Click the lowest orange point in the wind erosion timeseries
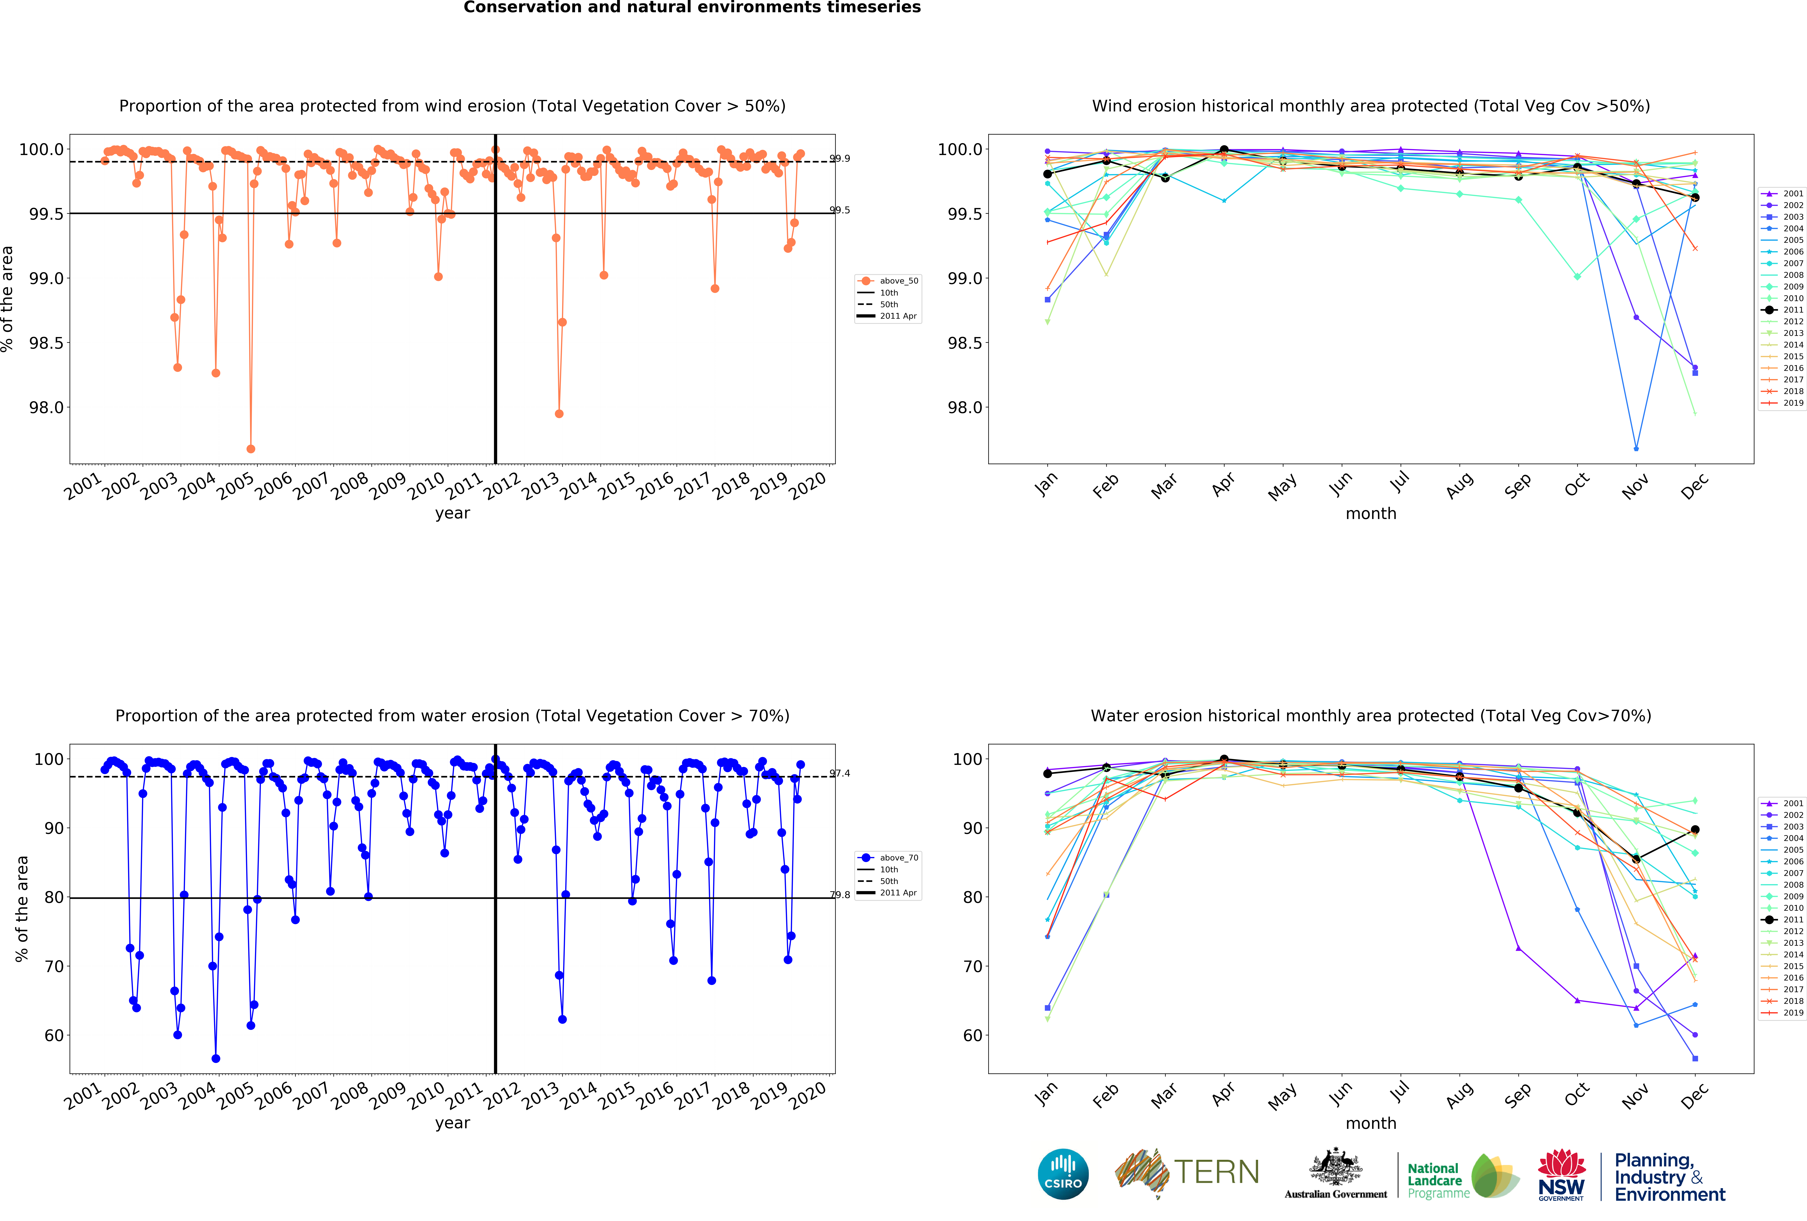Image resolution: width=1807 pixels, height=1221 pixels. pos(250,449)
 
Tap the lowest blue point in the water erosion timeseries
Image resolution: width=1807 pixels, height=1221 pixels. pos(215,1059)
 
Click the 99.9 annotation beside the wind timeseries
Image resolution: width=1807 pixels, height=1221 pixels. pos(840,159)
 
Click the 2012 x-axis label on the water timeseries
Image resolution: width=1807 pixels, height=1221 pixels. pos(502,1095)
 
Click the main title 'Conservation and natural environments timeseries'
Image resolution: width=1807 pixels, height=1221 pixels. pos(692,8)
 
